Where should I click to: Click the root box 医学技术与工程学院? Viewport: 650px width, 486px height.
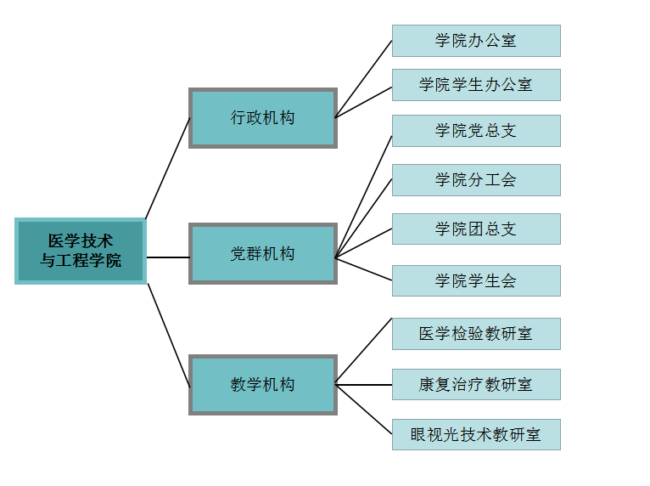[81, 251]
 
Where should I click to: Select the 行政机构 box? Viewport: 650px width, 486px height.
[263, 118]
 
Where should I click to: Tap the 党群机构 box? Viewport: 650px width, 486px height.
[263, 253]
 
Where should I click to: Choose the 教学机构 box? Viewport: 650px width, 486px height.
[263, 385]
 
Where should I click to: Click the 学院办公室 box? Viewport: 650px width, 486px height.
[476, 41]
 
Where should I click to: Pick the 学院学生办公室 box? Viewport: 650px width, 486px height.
[476, 85]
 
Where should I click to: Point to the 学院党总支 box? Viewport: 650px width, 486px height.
[476, 131]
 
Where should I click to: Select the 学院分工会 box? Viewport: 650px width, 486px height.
[476, 180]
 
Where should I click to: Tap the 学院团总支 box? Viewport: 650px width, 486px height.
[476, 229]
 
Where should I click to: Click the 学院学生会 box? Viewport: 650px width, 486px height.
[476, 281]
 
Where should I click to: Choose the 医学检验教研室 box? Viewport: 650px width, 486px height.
[476, 334]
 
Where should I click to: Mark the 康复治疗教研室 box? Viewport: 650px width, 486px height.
[476, 385]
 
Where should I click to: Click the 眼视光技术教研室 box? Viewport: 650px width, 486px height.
[476, 435]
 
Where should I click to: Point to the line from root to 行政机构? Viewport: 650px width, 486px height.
[168, 167]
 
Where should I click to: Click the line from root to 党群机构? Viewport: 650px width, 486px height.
[168, 257]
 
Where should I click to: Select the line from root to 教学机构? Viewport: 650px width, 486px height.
[169, 335]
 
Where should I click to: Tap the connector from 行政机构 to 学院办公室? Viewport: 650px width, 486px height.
[364, 78]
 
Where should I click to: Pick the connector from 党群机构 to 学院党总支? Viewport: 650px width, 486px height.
[364, 195]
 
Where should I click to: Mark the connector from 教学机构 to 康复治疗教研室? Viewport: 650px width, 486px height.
[364, 385]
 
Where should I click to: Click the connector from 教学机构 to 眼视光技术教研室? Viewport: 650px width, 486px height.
[364, 410]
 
